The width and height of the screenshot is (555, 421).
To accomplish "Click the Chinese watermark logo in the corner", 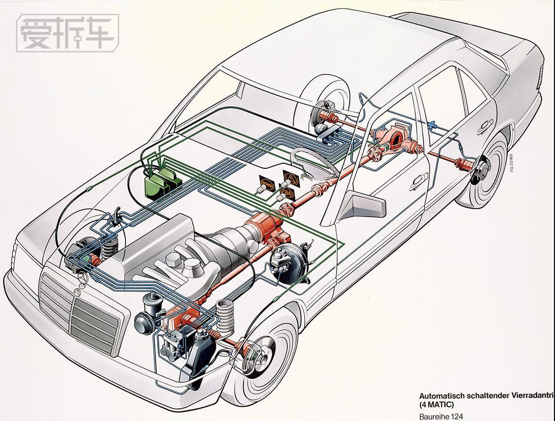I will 67,33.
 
